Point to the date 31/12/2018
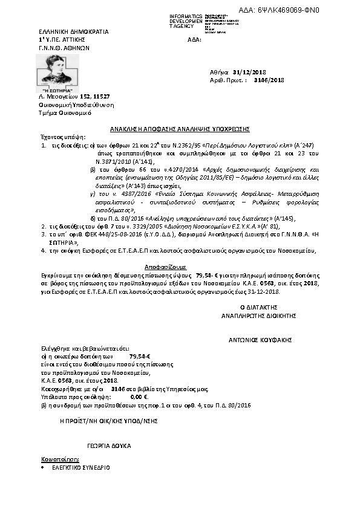pyautogui.click(x=241, y=72)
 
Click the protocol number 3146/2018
pyautogui.click(x=269, y=80)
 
